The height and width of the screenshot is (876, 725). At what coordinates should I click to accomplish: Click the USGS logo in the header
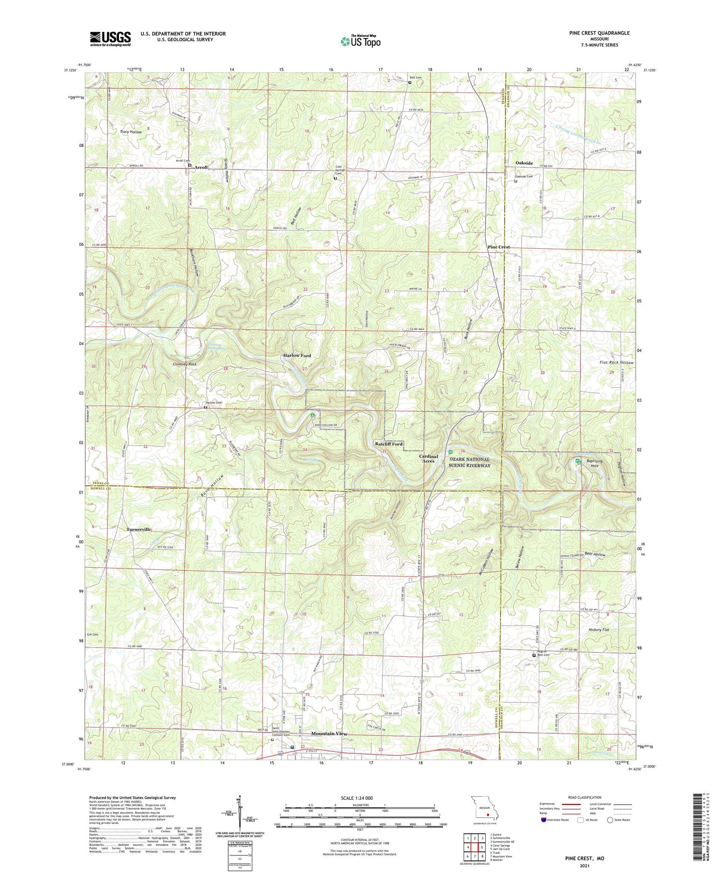pyautogui.click(x=110, y=38)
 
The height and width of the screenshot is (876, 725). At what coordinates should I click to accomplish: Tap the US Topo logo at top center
pyautogui.click(x=360, y=40)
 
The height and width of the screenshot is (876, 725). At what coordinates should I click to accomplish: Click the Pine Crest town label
pyautogui.click(x=499, y=247)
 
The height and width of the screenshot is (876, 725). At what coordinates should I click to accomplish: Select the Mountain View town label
pyautogui.click(x=329, y=734)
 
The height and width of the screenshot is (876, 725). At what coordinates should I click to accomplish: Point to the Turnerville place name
pyautogui.click(x=139, y=530)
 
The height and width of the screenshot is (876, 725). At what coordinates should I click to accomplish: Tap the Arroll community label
pyautogui.click(x=201, y=167)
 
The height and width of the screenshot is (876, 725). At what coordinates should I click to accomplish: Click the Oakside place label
pyautogui.click(x=525, y=163)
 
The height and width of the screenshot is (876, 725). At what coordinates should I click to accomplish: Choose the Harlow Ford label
pyautogui.click(x=297, y=355)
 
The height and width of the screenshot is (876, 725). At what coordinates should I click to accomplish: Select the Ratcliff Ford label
pyautogui.click(x=389, y=444)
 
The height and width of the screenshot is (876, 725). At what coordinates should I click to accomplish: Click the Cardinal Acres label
pyautogui.click(x=428, y=459)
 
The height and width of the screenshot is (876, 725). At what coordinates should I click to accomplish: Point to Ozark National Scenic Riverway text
pyautogui.click(x=470, y=462)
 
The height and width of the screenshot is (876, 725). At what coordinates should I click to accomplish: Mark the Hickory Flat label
pyautogui.click(x=599, y=629)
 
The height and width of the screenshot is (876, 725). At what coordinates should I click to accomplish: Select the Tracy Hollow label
pyautogui.click(x=131, y=132)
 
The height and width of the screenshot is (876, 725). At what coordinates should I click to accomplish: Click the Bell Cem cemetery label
pyautogui.click(x=416, y=77)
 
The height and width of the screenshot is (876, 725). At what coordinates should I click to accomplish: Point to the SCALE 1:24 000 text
pyautogui.click(x=356, y=798)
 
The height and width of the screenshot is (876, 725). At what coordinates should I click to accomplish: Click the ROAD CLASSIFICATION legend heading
pyautogui.click(x=585, y=797)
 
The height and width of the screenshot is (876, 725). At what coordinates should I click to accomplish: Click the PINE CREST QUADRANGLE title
pyautogui.click(x=599, y=33)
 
